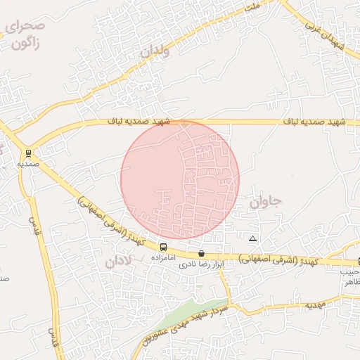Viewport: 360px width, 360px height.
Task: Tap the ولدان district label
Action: (x=155, y=50)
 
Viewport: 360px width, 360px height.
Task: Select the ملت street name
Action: (x=251, y=6)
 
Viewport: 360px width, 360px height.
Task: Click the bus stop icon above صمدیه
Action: (x=28, y=153)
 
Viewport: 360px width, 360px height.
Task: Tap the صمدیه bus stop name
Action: (x=28, y=163)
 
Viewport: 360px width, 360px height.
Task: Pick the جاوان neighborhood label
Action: (x=264, y=202)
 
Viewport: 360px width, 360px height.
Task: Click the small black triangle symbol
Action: (x=252, y=239)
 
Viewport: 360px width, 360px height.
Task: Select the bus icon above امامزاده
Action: (x=163, y=247)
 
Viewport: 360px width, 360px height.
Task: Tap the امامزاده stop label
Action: (x=163, y=258)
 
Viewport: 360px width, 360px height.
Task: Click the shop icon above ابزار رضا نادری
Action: (x=202, y=253)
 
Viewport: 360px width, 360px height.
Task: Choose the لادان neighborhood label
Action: (x=119, y=262)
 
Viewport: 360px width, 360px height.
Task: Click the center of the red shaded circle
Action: (x=180, y=180)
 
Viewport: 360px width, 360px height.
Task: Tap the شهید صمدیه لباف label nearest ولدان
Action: (x=139, y=122)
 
